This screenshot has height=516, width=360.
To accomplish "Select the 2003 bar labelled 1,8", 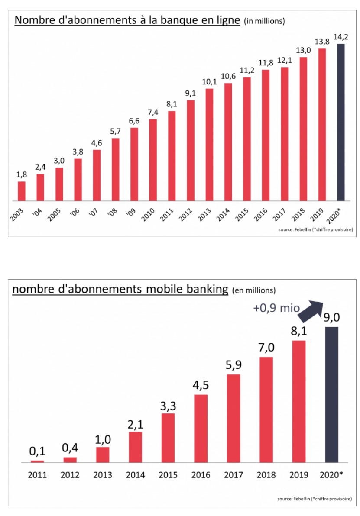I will [x=22, y=191].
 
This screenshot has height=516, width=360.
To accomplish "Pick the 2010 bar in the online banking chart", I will [x=153, y=160].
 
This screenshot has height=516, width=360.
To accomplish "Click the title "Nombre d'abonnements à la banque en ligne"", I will [x=127, y=20].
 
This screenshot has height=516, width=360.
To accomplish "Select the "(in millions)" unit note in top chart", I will [x=265, y=21].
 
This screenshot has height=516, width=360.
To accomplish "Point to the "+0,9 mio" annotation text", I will [x=276, y=308].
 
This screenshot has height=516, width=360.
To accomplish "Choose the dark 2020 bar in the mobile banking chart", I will [x=332, y=394].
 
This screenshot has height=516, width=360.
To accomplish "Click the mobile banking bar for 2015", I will [x=168, y=438].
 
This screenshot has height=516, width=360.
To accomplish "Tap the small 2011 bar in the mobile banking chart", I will [x=37, y=461].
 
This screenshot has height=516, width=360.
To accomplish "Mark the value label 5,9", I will [x=234, y=364].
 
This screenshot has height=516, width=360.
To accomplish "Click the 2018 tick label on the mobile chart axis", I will [x=266, y=475].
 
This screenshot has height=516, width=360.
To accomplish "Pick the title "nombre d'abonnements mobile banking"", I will [x=120, y=289].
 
